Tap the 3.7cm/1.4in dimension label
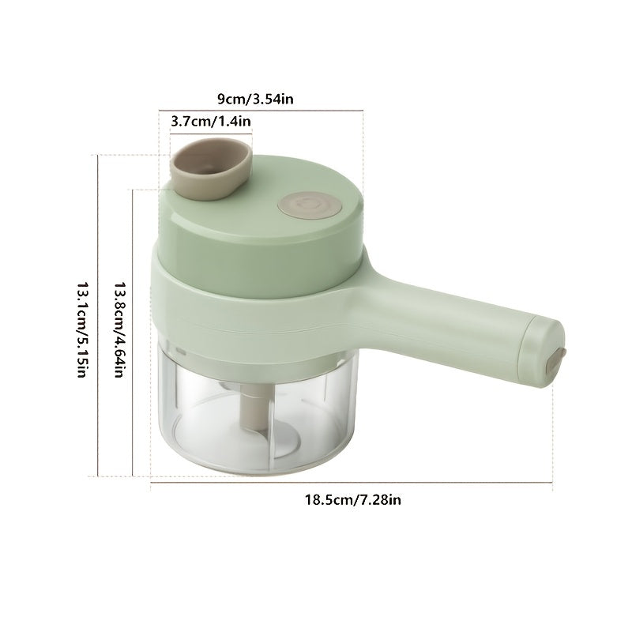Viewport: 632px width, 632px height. click(211, 121)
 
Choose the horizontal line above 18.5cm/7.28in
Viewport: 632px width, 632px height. click(352, 488)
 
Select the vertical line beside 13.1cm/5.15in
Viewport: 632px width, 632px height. click(96, 316)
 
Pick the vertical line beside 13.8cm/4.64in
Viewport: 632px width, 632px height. click(134, 332)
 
